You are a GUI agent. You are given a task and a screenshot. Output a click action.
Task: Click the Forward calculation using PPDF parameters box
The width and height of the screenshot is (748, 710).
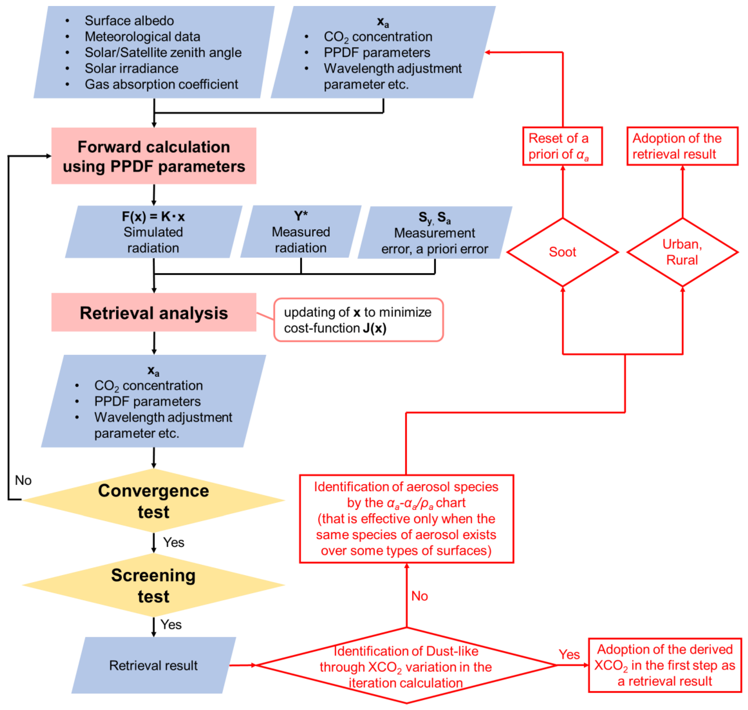click(x=154, y=156)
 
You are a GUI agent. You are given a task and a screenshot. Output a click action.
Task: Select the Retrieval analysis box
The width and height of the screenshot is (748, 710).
click(x=154, y=312)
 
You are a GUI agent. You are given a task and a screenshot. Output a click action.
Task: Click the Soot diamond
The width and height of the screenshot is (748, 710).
click(x=563, y=252)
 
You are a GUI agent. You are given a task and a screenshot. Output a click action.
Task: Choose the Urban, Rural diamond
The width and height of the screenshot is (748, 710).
click(x=683, y=252)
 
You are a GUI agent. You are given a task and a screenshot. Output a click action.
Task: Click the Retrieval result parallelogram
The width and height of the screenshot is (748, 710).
click(x=154, y=665)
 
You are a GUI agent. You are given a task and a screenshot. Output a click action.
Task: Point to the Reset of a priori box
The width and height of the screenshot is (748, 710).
click(x=563, y=146)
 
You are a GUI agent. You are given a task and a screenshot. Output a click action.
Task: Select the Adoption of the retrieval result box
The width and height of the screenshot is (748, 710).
click(x=683, y=146)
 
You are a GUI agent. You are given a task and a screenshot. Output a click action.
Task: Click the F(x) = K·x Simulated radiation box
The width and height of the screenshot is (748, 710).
click(x=154, y=232)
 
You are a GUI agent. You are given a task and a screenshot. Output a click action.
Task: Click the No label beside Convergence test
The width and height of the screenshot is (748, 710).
click(x=23, y=480)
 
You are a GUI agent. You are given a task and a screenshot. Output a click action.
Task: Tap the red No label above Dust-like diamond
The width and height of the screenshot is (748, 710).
click(x=419, y=596)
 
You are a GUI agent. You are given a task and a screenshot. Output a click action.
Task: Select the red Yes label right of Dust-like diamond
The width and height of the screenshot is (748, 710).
click(x=569, y=654)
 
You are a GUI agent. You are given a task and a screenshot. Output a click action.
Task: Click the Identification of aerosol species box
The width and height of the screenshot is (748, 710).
click(x=406, y=519)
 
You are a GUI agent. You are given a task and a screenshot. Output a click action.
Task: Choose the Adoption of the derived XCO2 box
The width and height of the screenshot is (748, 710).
click(x=665, y=665)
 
